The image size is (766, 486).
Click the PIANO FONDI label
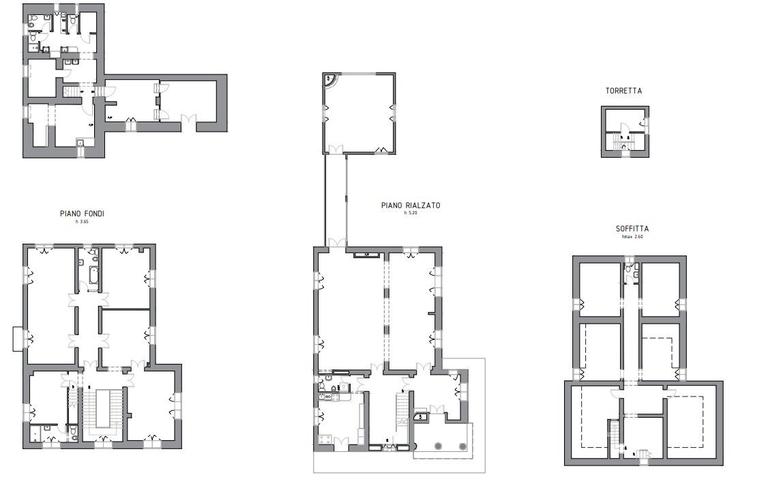tap(82, 214)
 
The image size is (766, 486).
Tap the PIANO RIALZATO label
tap(410, 204)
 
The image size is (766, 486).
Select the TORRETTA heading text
tap(623, 91)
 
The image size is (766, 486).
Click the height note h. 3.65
tap(82, 222)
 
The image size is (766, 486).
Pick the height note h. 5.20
tap(410, 213)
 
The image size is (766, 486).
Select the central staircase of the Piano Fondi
tap(104, 408)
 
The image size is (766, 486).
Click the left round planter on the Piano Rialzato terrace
tap(437, 446)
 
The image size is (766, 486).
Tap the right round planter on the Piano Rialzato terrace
tap(463, 446)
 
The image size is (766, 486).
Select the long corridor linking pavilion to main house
tap(335, 198)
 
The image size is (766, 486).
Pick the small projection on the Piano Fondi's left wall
tap(18, 339)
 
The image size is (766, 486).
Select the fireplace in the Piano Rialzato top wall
tap(366, 255)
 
